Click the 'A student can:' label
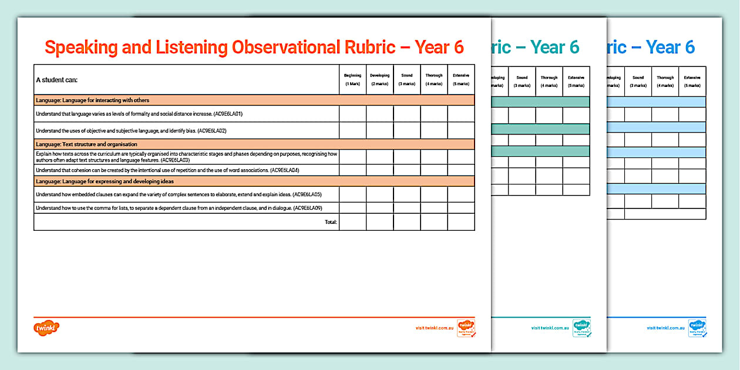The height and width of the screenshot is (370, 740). point(57,80)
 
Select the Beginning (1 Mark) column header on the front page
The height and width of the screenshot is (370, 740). point(352,79)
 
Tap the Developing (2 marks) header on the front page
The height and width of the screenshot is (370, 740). point(379,79)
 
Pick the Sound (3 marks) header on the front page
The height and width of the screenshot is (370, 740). point(406,79)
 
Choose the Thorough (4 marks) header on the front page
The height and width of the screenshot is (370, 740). point(434,79)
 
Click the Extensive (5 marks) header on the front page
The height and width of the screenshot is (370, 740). point(461,79)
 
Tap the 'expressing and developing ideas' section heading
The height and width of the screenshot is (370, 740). point(105,181)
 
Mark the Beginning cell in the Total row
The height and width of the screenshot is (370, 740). point(352,222)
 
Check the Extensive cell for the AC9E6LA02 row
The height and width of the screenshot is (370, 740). point(461,130)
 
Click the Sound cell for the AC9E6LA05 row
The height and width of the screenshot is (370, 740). point(406,194)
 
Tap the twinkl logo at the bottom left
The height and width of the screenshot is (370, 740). point(48,327)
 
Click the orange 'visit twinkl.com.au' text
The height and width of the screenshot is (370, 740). point(435,328)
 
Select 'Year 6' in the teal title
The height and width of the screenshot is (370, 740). point(554,47)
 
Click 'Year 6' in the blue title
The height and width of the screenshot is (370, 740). point(670,47)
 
